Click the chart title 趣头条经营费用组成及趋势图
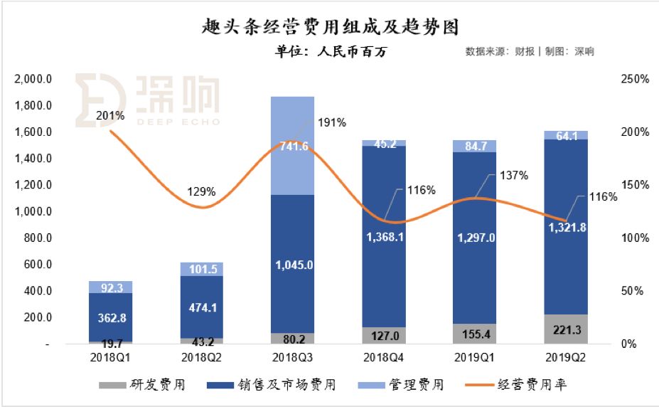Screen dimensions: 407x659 tap(329, 27)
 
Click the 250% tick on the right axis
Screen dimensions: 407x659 tap(634, 80)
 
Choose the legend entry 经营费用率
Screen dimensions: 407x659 tap(534, 385)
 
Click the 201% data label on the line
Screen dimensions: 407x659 tap(110, 115)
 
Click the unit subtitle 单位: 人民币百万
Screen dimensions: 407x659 tap(330, 51)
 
